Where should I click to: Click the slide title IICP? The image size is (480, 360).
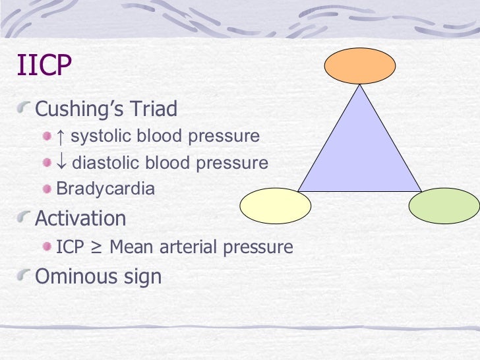coord(44,67)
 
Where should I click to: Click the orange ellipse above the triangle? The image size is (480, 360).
coord(360,66)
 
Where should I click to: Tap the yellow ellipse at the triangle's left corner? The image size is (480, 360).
coord(274,206)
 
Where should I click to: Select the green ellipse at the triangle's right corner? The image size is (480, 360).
coord(443,206)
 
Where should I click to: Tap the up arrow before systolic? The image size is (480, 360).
coord(61,136)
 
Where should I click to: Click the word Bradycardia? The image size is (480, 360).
coord(105,189)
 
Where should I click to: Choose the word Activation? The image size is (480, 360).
coord(80,218)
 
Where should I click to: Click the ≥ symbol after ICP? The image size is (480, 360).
coord(97,247)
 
